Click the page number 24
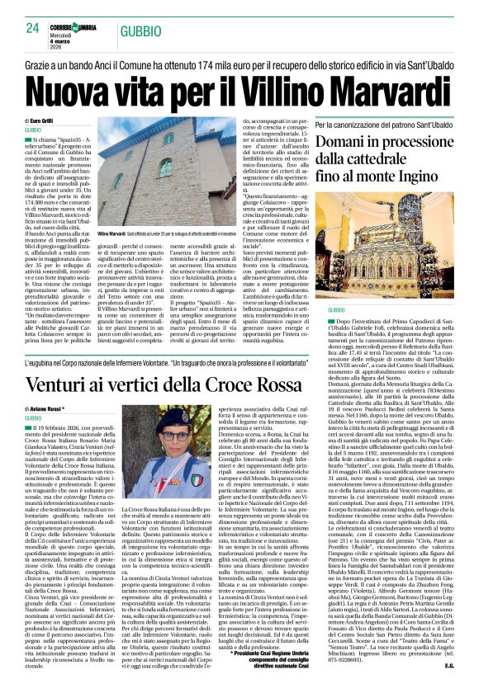tap(33, 28)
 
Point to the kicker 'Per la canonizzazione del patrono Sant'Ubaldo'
tap(382, 124)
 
